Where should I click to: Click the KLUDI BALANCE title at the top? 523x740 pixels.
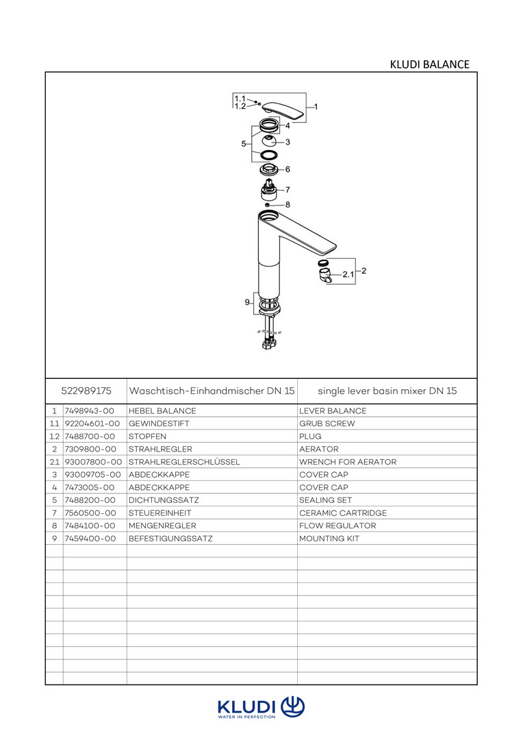pos(429,64)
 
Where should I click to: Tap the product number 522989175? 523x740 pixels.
pos(86,391)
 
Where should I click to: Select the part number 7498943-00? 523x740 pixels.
pos(89,411)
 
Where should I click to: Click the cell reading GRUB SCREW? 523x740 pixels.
pos(327,424)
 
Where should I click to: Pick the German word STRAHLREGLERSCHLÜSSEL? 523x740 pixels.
pos(184,462)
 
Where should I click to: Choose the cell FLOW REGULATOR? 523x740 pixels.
pos(337,526)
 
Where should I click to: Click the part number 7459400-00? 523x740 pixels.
pos(89,539)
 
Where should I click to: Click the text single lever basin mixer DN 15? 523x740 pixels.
pos(387,391)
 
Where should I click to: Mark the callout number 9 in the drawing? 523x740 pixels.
pos(247,302)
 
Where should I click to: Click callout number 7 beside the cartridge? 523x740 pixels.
pos(288,189)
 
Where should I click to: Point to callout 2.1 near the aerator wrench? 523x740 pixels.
pos(348,274)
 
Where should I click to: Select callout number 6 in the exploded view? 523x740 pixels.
pos(288,169)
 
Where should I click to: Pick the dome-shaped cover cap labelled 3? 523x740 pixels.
pos(270,143)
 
